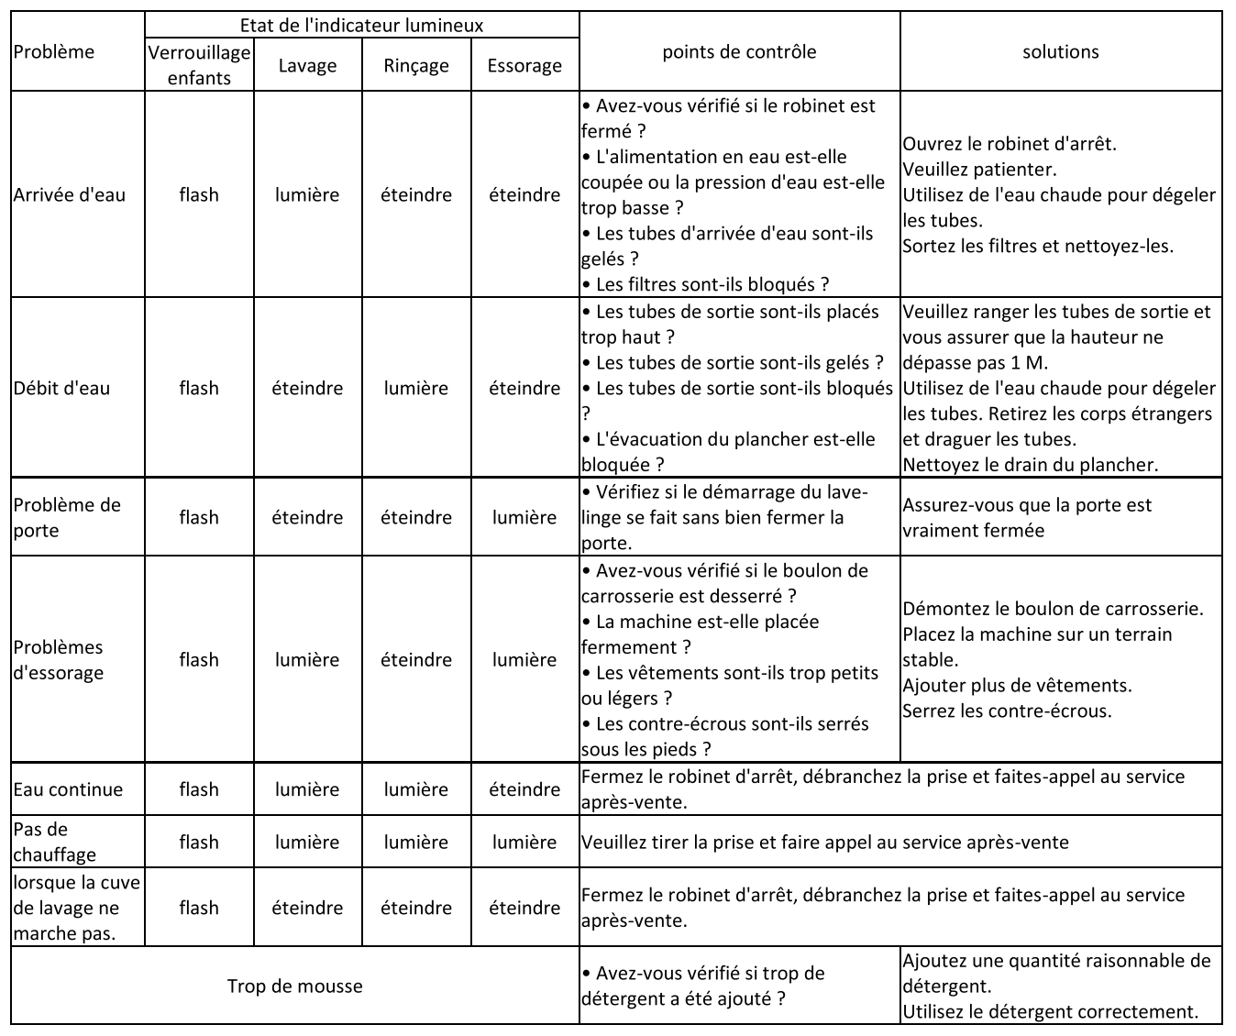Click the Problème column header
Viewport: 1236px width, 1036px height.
(54, 51)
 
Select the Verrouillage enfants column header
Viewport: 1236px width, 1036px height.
(199, 65)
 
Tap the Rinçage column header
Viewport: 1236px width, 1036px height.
(415, 65)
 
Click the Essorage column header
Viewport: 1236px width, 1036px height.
(524, 65)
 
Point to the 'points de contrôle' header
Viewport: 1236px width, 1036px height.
(739, 51)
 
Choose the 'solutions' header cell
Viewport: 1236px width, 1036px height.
(1060, 51)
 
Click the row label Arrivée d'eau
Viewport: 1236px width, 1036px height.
(70, 194)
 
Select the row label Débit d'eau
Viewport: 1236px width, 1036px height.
(61, 388)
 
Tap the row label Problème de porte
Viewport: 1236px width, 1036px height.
(67, 517)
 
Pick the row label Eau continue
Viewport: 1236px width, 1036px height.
(68, 789)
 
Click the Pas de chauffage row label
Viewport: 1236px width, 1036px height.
(54, 842)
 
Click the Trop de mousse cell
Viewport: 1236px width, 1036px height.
(294, 986)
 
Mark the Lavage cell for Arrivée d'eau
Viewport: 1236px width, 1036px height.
(307, 194)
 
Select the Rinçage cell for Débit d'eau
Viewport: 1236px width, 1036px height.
(415, 388)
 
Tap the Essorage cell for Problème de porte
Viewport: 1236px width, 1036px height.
(524, 517)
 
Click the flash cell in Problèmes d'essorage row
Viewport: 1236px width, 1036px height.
(199, 659)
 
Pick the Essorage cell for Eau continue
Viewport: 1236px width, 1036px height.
(524, 789)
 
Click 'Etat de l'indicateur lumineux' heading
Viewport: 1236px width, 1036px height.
(361, 25)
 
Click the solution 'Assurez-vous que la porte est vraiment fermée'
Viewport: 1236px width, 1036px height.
(1027, 517)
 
